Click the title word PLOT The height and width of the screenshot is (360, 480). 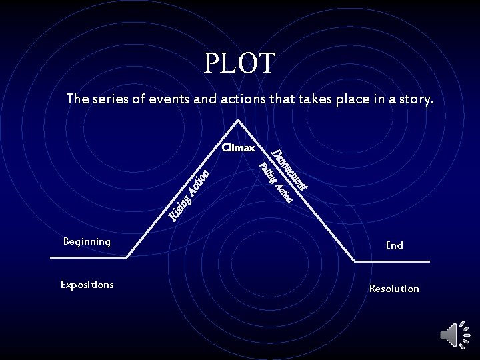click(239, 63)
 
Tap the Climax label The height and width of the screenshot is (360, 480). click(238, 147)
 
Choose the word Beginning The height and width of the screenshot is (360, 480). click(87, 241)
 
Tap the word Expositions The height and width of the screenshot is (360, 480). click(87, 285)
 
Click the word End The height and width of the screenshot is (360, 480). click(394, 245)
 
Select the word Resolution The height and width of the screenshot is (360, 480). click(394, 289)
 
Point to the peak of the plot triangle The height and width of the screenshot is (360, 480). click(237, 121)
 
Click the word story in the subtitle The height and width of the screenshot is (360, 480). click(416, 100)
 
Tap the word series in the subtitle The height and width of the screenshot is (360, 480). click(108, 100)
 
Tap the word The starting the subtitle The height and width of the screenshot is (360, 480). click(77, 100)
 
